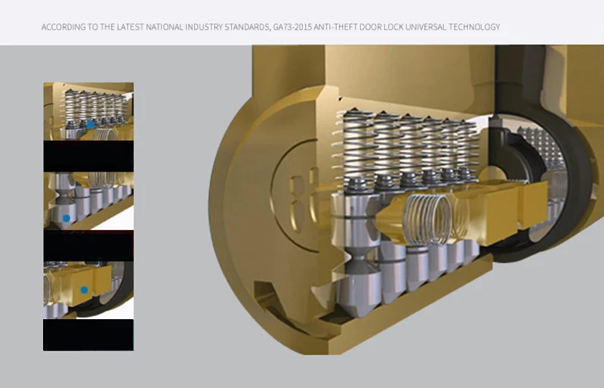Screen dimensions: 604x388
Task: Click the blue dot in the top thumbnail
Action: [x=91, y=125]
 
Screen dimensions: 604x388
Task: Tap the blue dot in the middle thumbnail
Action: [x=66, y=218]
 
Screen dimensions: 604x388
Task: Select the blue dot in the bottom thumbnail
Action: [x=84, y=290]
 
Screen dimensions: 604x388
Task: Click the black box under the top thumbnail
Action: [x=88, y=156]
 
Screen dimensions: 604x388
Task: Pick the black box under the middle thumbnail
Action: [x=88, y=246]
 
